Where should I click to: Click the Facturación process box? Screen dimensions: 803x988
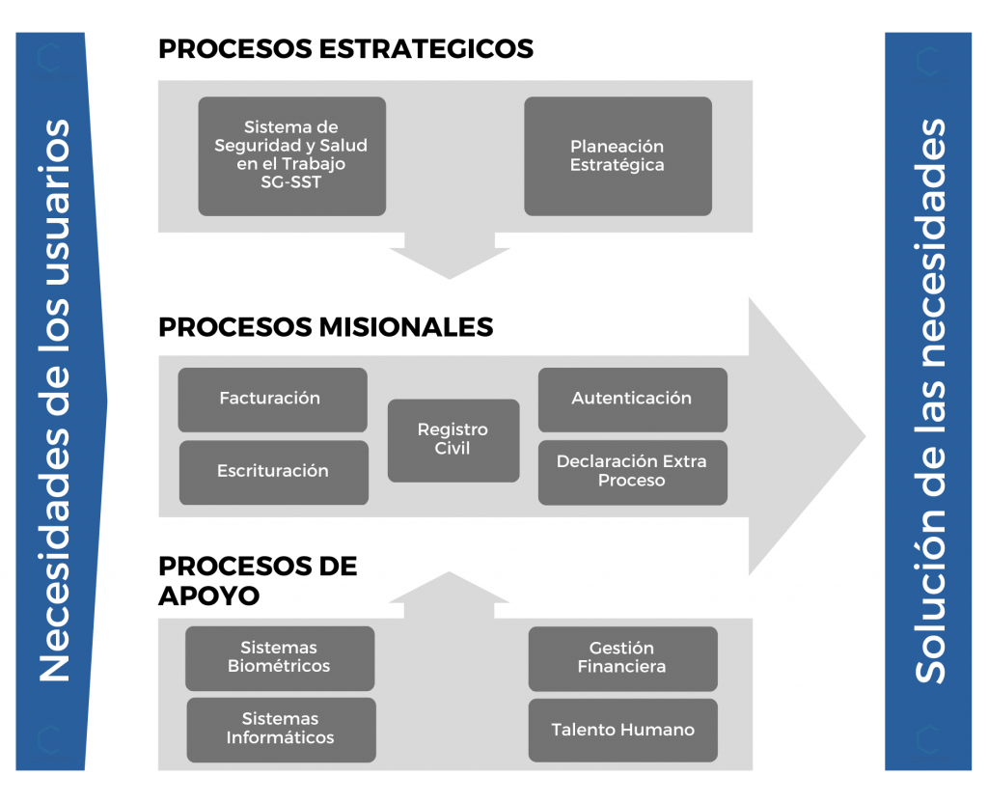(272, 399)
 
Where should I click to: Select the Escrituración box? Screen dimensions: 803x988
(273, 472)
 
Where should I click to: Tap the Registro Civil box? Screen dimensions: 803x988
(453, 439)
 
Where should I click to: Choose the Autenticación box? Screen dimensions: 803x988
(632, 399)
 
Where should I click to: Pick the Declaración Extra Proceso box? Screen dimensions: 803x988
(632, 471)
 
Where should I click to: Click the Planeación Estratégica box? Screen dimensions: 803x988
(617, 155)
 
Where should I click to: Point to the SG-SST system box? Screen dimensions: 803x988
(291, 155)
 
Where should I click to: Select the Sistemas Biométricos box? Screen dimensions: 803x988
(279, 657)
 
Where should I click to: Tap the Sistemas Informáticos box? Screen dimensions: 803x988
(280, 729)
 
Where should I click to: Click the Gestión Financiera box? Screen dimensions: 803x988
(622, 657)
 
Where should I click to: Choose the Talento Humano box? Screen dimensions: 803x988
(622, 731)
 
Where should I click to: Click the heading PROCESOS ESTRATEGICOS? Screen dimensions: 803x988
(345, 49)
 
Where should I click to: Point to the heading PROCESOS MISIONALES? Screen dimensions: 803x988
(325, 327)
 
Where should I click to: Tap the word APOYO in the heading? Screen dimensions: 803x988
(208, 595)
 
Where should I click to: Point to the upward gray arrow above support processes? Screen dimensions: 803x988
(448, 591)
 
